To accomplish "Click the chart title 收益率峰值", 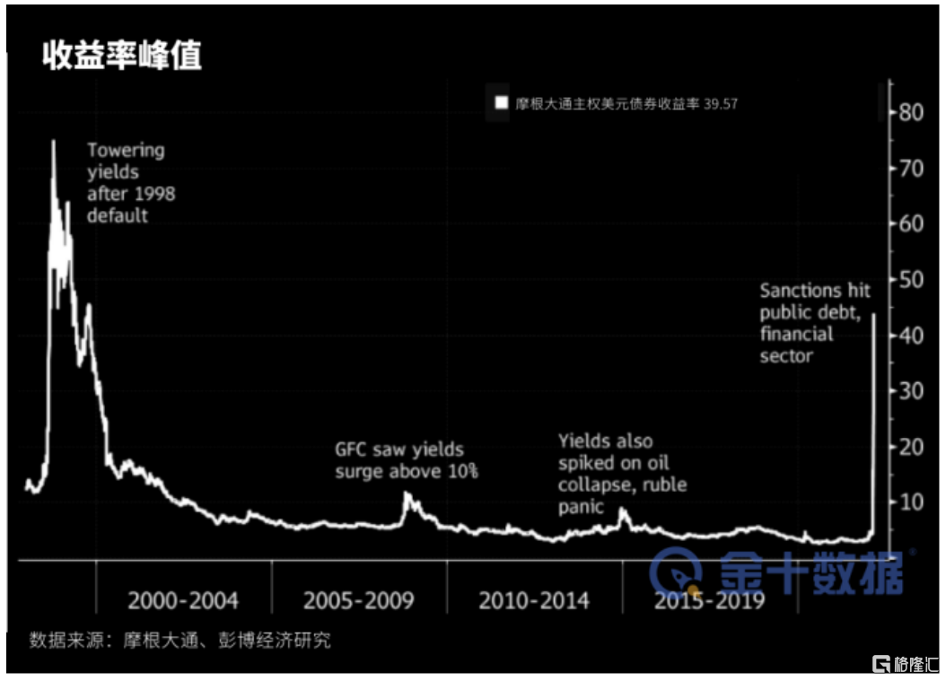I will coord(122,56).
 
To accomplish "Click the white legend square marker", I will coord(500,104).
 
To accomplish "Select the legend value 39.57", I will coord(721,104).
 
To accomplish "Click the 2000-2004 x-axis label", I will coord(183,600).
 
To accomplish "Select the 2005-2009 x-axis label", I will coord(359,600).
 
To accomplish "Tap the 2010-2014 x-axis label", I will coord(534,600).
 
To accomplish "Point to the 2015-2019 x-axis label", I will coord(709,600).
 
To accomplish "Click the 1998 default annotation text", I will coord(130,183).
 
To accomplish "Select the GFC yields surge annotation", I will coord(407,460).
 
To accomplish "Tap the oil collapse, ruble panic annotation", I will coord(621,474).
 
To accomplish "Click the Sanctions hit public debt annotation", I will coord(815,323).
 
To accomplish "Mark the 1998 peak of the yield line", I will coord(53,141).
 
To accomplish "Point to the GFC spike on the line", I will coord(407,494).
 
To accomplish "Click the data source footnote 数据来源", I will coord(180,640).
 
